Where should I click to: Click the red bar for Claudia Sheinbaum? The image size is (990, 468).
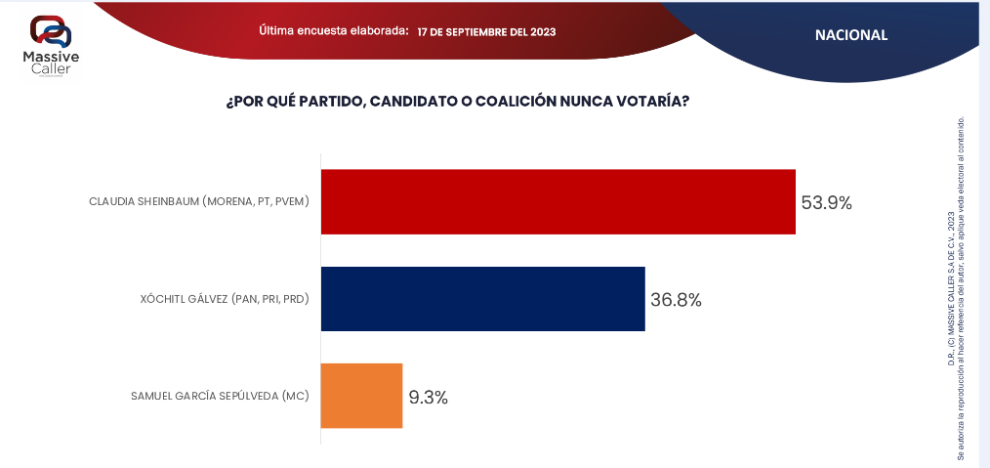pyautogui.click(x=557, y=202)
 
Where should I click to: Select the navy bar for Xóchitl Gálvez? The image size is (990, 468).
pyautogui.click(x=482, y=299)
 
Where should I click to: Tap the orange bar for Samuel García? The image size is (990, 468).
pyautogui.click(x=361, y=396)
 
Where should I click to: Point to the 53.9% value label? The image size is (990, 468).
pyautogui.click(x=826, y=203)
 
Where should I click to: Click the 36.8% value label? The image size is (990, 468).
pyautogui.click(x=676, y=300)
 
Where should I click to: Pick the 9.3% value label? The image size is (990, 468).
pyautogui.click(x=428, y=397)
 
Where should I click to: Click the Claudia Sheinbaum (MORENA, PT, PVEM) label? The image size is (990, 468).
pyautogui.click(x=198, y=202)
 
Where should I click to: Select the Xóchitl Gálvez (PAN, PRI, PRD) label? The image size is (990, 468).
pyautogui.click(x=225, y=299)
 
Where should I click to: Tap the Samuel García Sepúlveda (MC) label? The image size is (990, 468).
pyautogui.click(x=220, y=396)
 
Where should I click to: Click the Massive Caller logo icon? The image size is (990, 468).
pyautogui.click(x=50, y=32)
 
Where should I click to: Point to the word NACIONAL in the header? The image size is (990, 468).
pyautogui.click(x=851, y=35)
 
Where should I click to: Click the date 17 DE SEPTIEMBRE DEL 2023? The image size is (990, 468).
pyautogui.click(x=486, y=32)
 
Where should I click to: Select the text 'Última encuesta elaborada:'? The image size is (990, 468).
pyautogui.click(x=334, y=31)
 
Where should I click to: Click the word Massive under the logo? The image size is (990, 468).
pyautogui.click(x=51, y=59)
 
